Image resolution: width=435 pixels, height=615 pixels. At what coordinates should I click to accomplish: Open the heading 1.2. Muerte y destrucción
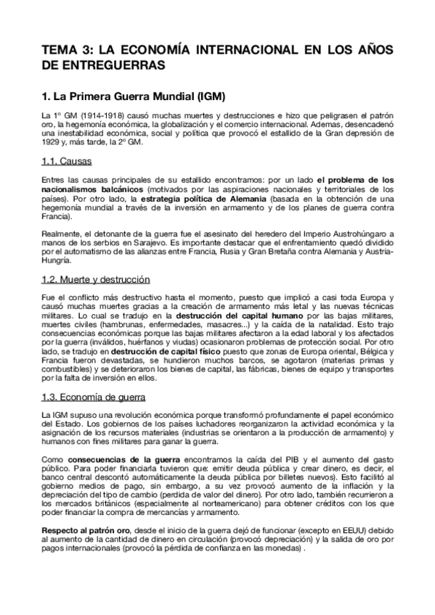94,278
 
